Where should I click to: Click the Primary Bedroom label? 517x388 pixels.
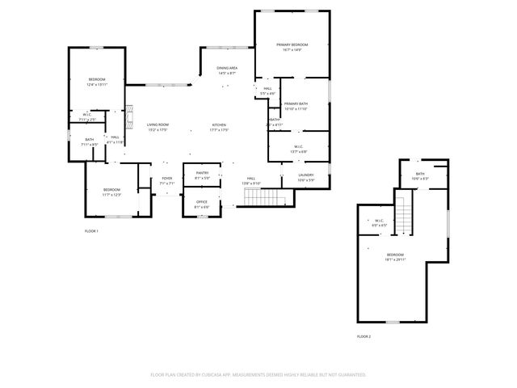tap(292, 44)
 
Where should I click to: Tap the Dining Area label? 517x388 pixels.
tap(227, 68)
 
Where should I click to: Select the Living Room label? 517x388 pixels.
tap(158, 124)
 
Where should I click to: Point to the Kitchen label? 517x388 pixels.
tap(219, 124)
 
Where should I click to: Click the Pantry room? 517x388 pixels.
tap(202, 174)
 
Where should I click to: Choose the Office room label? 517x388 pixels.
tap(202, 202)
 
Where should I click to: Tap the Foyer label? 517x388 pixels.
tap(167, 178)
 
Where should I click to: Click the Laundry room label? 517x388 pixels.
tap(306, 175)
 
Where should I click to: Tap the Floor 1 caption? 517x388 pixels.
tap(91, 231)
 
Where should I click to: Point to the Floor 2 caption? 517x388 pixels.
tap(364, 335)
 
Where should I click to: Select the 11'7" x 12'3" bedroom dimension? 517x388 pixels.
tap(111, 195)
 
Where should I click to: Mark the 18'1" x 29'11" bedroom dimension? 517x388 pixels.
tap(396, 259)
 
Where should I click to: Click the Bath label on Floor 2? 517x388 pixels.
tap(420, 173)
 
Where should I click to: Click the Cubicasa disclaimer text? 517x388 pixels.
tap(258, 374)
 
